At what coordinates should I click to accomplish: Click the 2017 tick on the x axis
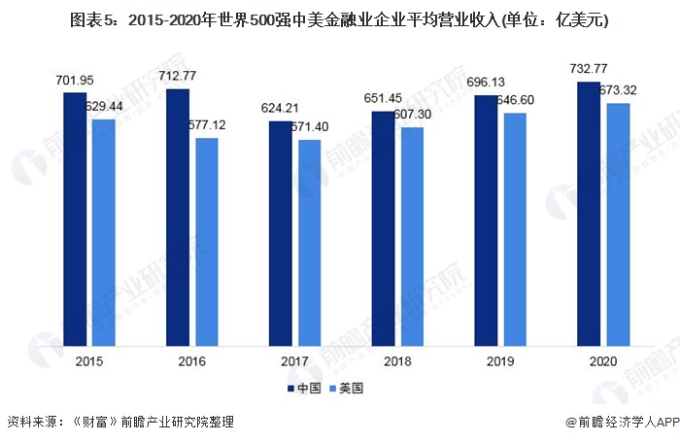click(x=294, y=359)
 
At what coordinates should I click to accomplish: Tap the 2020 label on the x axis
click(x=603, y=359)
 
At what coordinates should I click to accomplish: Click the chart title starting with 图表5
click(x=339, y=19)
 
